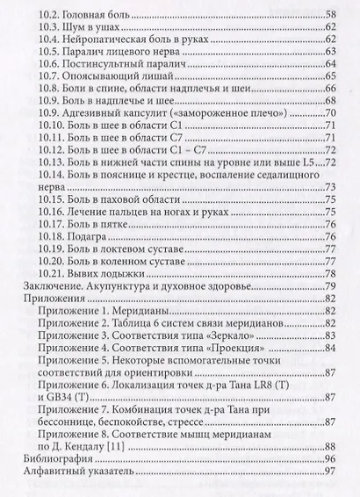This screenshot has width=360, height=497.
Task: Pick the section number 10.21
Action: [x=55, y=272]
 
